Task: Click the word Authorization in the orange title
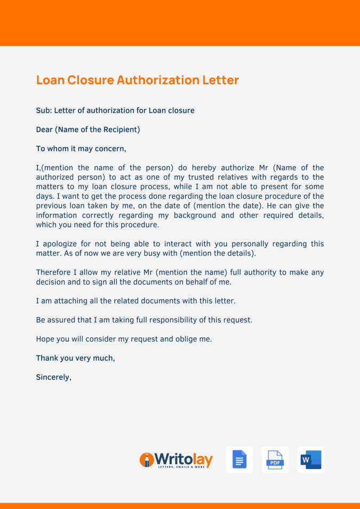click(157, 80)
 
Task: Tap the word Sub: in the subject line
click(44, 111)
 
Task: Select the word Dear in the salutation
click(44, 130)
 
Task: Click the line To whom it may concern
click(81, 149)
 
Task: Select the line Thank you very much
click(75, 358)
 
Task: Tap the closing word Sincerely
click(53, 377)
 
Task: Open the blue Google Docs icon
click(239, 459)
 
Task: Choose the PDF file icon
click(275, 459)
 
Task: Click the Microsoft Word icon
click(310, 459)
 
